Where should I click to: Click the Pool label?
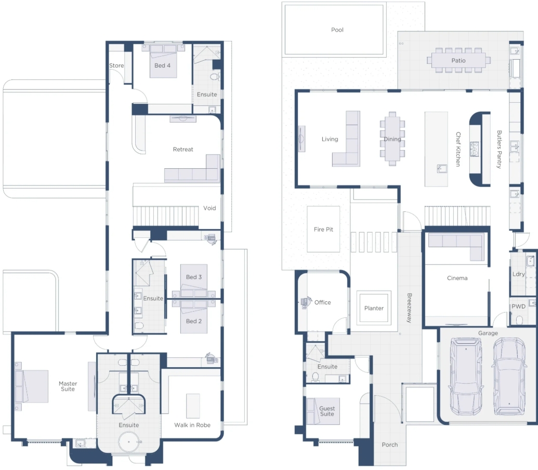click(337, 30)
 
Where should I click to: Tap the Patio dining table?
click(458, 60)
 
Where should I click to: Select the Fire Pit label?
click(323, 230)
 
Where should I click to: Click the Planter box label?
click(374, 308)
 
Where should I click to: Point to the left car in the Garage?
click(466, 375)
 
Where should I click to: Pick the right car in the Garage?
click(509, 375)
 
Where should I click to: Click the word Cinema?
click(457, 278)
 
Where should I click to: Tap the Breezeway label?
click(409, 308)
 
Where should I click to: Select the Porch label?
click(390, 445)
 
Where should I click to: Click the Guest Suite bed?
click(323, 411)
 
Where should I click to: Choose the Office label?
click(322, 302)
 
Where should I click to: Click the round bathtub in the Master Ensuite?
click(129, 442)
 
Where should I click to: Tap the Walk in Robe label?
click(192, 425)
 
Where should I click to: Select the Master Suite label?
click(68, 386)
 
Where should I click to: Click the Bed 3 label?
click(194, 277)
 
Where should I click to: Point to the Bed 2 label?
click(194, 321)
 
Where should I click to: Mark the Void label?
click(209, 208)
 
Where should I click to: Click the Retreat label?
click(183, 150)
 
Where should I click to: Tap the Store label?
click(116, 65)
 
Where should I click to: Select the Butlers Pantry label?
click(499, 150)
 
